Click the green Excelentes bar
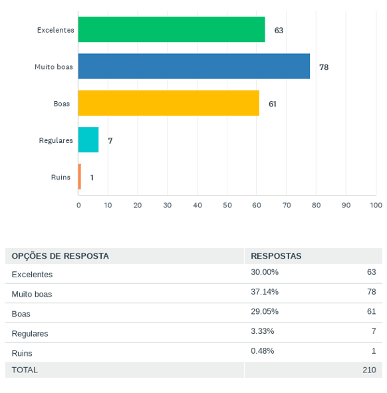click(172, 29)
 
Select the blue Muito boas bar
click(194, 66)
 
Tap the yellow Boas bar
click(169, 103)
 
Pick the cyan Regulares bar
click(88, 140)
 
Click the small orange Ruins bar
click(79, 176)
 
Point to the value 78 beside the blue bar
click(324, 67)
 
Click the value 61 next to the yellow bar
click(273, 104)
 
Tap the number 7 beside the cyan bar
click(110, 140)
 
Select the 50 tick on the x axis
click(227, 205)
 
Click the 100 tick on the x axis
click(376, 205)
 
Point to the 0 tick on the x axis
click(78, 205)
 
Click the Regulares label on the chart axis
click(56, 140)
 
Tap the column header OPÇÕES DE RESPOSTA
click(60, 256)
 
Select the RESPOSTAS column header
click(276, 256)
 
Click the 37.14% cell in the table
click(265, 292)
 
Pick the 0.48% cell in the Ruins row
click(263, 351)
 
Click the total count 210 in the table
click(369, 370)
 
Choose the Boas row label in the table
click(21, 314)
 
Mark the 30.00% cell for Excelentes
click(265, 272)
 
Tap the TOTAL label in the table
click(25, 370)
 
